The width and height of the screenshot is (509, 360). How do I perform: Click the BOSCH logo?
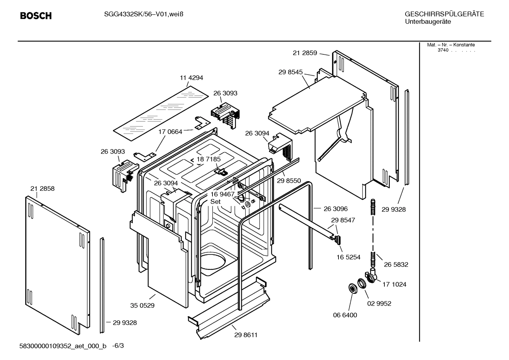pyautogui.click(x=36, y=16)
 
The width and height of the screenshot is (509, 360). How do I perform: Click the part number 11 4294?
pyautogui.click(x=191, y=78)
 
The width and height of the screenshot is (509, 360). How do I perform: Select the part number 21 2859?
pyautogui.click(x=305, y=53)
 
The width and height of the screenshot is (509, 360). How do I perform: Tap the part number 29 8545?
pyautogui.click(x=291, y=72)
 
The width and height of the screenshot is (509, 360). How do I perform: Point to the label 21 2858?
pyautogui.click(x=42, y=189)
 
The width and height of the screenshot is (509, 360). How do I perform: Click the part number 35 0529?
pyautogui.click(x=142, y=305)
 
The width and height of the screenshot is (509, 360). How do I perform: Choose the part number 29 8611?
pyautogui.click(x=246, y=335)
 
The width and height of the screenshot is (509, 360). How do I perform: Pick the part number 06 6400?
pyautogui.click(x=345, y=315)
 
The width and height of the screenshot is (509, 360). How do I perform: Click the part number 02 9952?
pyautogui.click(x=379, y=303)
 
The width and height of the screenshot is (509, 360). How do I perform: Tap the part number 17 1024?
pyautogui.click(x=394, y=284)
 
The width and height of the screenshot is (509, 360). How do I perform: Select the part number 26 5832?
pyautogui.click(x=396, y=264)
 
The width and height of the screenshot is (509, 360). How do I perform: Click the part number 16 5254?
pyautogui.click(x=348, y=257)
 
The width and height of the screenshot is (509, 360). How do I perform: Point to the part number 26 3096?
pyautogui.click(x=336, y=209)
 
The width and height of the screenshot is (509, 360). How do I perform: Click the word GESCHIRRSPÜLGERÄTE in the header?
pyautogui.click(x=444, y=14)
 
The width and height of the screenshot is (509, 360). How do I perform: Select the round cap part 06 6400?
pyautogui.click(x=352, y=288)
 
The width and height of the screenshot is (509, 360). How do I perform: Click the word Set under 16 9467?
pyautogui.click(x=215, y=201)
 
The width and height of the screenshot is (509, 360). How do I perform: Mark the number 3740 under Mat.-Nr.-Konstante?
pyautogui.click(x=443, y=50)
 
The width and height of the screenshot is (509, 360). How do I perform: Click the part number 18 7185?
pyautogui.click(x=209, y=159)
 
